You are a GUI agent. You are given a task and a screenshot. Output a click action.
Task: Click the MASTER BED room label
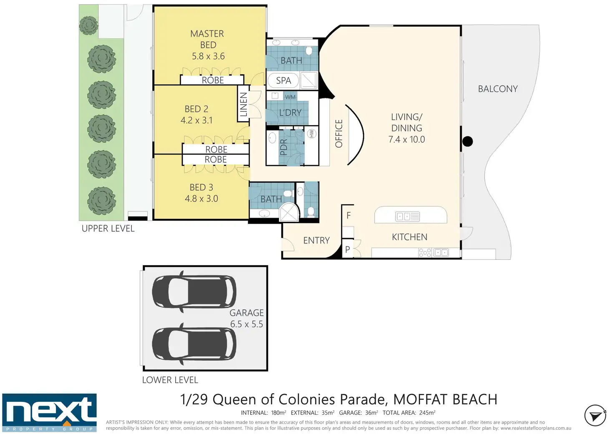click(207, 39)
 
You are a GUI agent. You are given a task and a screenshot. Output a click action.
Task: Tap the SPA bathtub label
click(283, 80)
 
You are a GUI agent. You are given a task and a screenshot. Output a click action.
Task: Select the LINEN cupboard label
click(244, 104)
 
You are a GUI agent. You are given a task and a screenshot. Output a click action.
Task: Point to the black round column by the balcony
click(468, 141)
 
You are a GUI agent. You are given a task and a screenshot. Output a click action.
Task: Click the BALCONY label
click(498, 89)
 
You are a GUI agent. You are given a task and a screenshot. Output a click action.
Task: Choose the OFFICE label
click(339, 134)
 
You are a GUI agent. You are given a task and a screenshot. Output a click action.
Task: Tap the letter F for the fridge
click(348, 216)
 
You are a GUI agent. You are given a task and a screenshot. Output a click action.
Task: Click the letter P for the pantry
click(347, 249)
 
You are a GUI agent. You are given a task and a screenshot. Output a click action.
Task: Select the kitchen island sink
click(408, 216)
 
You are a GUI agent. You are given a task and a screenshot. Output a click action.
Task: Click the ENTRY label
click(316, 240)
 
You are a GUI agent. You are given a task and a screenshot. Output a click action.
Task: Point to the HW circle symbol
click(312, 134)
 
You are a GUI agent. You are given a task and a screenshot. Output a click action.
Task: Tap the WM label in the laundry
click(290, 97)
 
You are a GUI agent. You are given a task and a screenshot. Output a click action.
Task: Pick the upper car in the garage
click(194, 291)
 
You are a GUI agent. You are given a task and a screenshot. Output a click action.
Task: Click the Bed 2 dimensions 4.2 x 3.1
click(196, 120)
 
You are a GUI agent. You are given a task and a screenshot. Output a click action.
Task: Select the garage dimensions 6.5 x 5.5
click(247, 324)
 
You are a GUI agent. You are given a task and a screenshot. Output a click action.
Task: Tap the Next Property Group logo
click(49, 413)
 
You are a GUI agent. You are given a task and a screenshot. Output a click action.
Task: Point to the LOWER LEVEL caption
click(170, 380)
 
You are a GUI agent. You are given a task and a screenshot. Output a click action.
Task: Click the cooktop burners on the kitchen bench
click(425, 252)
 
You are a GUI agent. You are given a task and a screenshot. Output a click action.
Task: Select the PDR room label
click(283, 147)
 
